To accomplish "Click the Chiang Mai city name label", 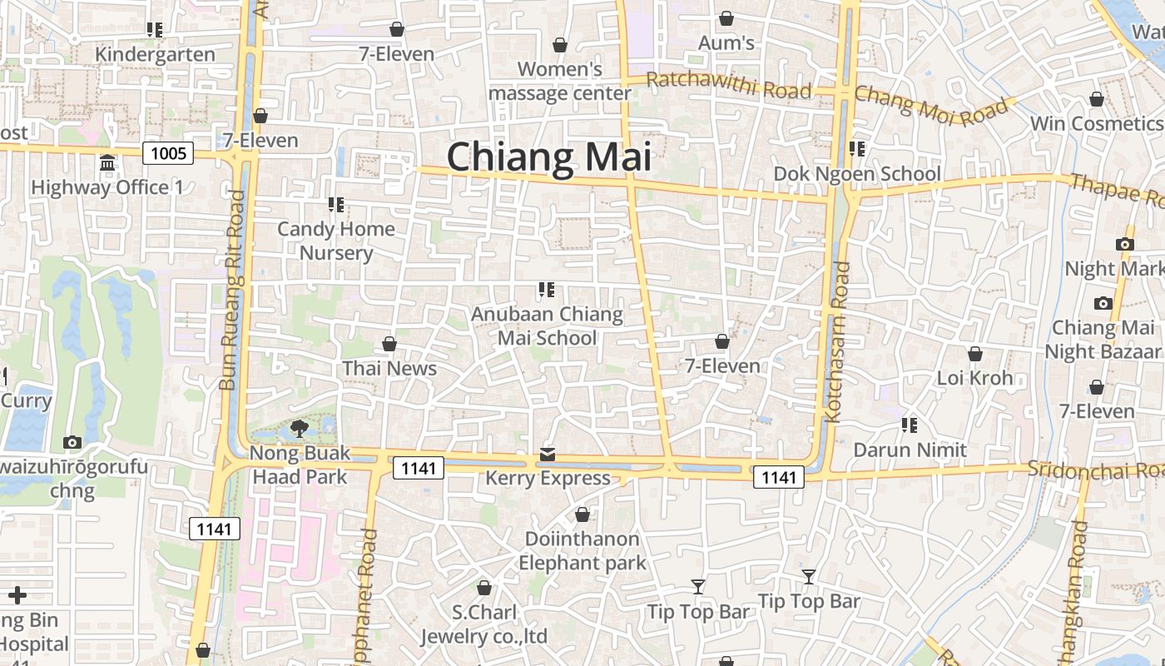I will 548,157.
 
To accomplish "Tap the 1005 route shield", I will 168,153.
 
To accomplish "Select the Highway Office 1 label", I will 107,187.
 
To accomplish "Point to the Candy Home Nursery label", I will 336,241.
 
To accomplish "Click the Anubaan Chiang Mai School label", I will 547,326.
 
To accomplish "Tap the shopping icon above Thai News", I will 389,344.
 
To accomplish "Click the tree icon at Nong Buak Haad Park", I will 300,429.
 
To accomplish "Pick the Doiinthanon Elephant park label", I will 582,550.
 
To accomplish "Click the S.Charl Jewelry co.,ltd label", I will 483,624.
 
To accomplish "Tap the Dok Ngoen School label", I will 857,173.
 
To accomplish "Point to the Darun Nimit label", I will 910,450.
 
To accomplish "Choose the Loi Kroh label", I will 974,378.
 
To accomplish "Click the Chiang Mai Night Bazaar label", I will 1103,339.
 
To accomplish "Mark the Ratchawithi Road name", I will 728,85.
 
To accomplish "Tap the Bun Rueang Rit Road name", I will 232,291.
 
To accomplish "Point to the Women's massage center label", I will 559,81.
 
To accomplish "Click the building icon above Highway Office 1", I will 107,163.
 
